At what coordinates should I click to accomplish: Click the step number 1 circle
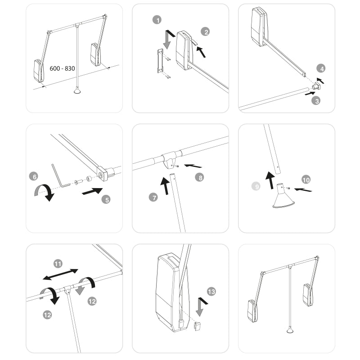click(x=157, y=20)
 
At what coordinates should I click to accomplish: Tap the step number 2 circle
click(x=206, y=32)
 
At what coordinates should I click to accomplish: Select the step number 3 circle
click(x=317, y=101)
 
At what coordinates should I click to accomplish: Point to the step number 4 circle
click(x=321, y=69)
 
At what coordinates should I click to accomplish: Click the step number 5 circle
click(x=106, y=199)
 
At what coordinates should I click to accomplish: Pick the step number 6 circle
click(x=33, y=176)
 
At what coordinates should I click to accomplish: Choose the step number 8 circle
click(x=199, y=177)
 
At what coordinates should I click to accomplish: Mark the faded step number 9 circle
click(x=256, y=186)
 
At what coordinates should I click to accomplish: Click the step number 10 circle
click(x=306, y=180)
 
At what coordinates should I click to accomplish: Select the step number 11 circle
click(x=58, y=264)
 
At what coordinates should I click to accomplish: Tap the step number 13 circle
click(x=211, y=292)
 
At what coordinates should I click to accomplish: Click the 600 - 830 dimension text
click(x=63, y=69)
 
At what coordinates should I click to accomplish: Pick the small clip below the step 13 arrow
click(x=197, y=326)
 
